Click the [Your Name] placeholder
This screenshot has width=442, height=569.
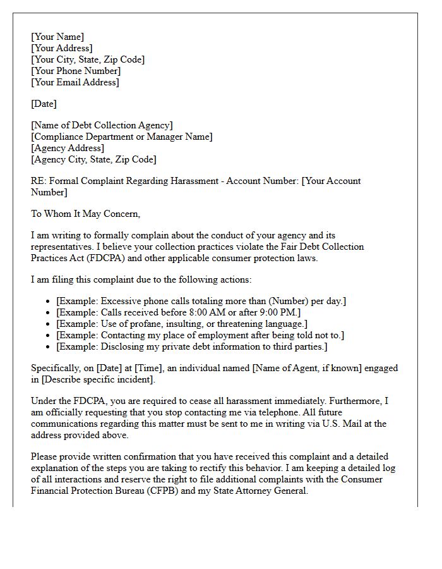(x=57, y=37)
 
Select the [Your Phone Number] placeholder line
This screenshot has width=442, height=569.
(x=75, y=71)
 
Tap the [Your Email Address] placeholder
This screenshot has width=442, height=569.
(x=75, y=82)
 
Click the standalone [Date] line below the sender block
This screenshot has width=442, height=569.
(x=44, y=104)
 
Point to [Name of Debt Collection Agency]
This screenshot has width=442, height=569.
(x=102, y=125)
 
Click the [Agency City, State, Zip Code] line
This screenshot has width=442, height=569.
(x=94, y=159)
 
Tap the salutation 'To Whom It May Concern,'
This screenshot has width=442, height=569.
(x=86, y=214)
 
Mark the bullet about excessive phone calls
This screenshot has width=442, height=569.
(x=201, y=301)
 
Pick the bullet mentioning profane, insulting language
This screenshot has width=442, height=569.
(x=182, y=324)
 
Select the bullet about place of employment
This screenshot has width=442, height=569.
(x=200, y=335)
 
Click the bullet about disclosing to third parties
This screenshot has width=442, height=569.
(x=192, y=346)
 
